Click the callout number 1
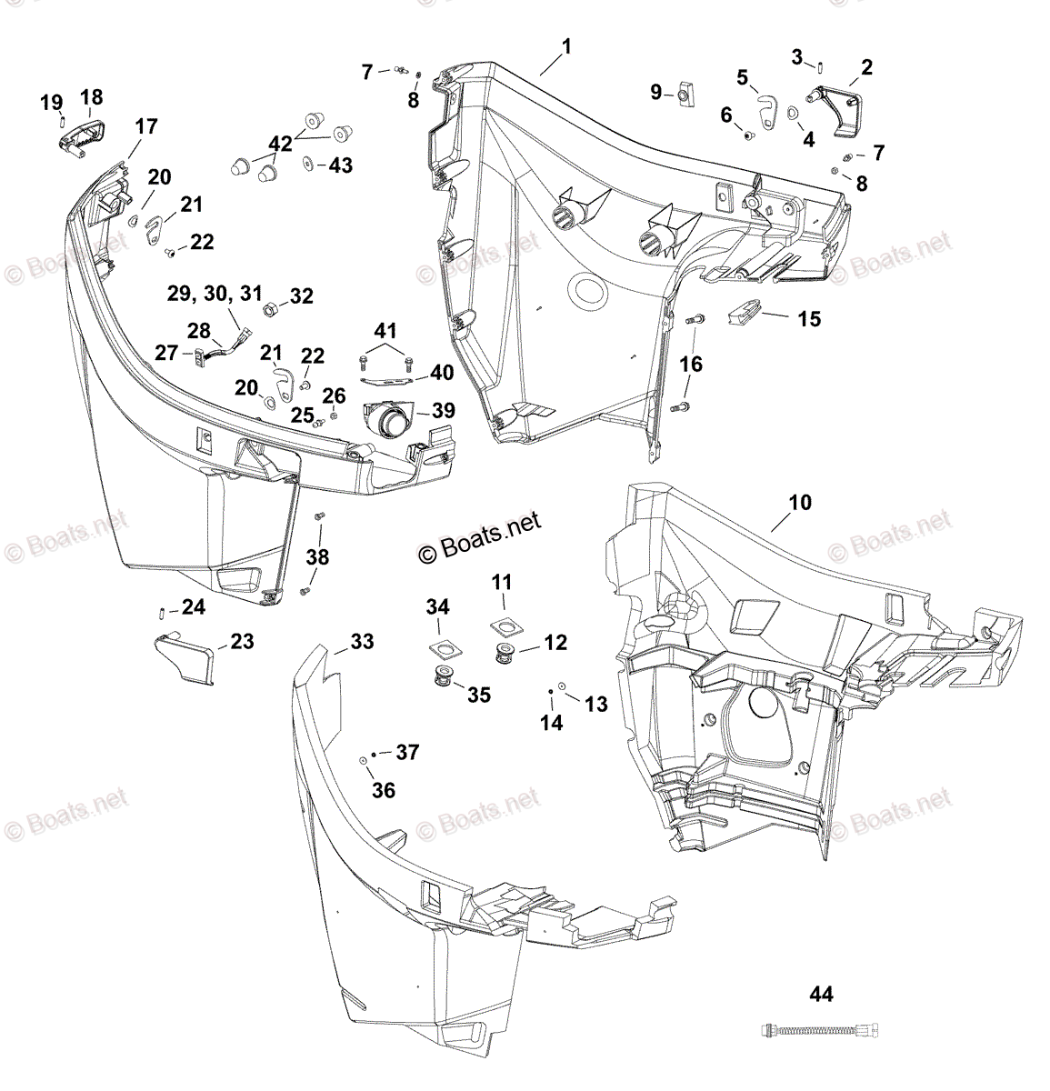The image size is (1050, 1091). coord(565,46)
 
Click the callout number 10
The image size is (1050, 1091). coord(800,503)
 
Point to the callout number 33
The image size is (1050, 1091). coord(362,642)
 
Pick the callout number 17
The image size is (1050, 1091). coord(145,127)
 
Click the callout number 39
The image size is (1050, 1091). coord(443,411)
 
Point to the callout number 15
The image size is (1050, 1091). coord(808,319)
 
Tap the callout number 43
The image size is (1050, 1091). coord(340,165)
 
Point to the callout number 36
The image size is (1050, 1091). coord(384,790)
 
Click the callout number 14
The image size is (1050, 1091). coord(552,723)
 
